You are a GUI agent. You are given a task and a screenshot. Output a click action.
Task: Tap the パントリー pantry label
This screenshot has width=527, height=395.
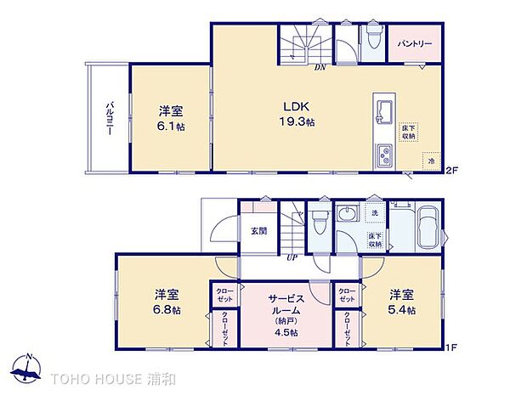pos(415,43)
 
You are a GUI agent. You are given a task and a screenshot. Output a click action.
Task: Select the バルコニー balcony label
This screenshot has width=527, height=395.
pos(110,119)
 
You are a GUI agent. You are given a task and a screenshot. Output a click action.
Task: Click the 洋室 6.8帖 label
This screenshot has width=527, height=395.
pos(167,302)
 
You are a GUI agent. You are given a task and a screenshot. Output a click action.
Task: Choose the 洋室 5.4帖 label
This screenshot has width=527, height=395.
pos(402,302)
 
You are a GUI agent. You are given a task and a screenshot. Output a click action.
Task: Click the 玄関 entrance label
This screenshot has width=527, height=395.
pos(258,230)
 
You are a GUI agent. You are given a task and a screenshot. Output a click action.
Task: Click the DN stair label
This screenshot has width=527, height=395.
pos(320,66)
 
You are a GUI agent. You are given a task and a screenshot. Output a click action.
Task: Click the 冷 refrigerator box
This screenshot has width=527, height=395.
pos(431,160)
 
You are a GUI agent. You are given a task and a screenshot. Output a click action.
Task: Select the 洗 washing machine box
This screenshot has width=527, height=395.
pos(374,213)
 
